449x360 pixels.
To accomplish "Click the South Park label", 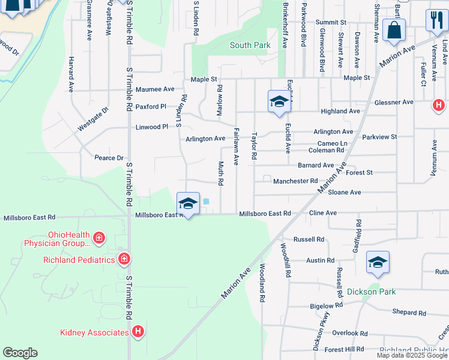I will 250,45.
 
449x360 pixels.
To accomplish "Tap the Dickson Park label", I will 372,292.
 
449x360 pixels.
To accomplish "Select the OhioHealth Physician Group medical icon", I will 99,239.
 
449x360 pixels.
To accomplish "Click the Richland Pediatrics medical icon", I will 124,259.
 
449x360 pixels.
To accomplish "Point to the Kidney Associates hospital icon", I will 138,332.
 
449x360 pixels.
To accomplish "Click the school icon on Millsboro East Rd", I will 188,204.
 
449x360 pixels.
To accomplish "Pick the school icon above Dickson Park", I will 378,262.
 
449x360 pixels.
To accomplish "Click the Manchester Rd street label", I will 295,181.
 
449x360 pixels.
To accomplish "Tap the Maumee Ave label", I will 155,89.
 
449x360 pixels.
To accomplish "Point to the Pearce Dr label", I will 109,158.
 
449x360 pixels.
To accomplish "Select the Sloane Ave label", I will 345,192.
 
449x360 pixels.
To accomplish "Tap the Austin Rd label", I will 320,260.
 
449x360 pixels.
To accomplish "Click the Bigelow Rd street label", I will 326,305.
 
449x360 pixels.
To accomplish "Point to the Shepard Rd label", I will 409,313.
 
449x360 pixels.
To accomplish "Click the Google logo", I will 20,353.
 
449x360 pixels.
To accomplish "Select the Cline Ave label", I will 322,213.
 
